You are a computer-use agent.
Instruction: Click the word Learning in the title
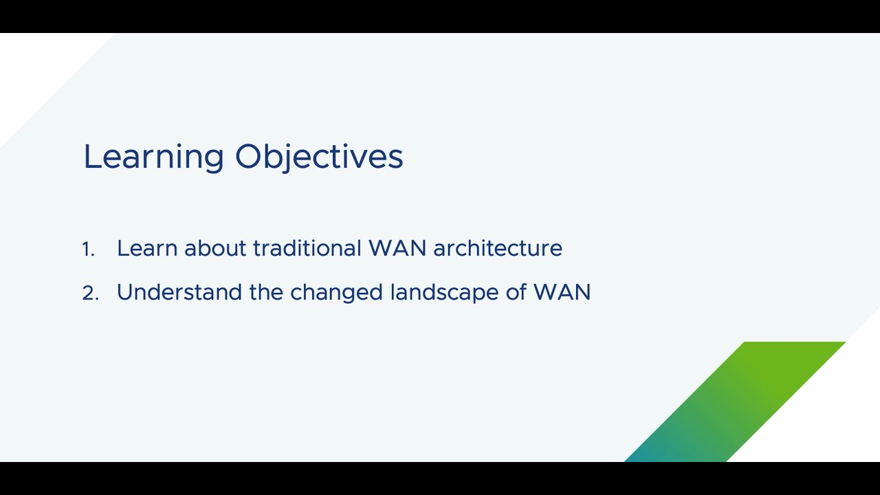pyautogui.click(x=153, y=157)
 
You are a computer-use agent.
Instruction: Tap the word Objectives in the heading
pyautogui.click(x=319, y=157)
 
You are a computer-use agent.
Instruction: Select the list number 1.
pyautogui.click(x=88, y=249)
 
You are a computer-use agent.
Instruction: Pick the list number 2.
pyautogui.click(x=90, y=293)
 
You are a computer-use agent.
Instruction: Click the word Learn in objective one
pyautogui.click(x=147, y=248)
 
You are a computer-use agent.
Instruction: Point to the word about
pyautogui.click(x=215, y=248)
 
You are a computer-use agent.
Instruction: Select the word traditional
pyautogui.click(x=307, y=248)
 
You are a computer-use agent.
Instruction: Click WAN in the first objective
pyautogui.click(x=397, y=248)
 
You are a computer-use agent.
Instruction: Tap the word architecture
pyautogui.click(x=498, y=248)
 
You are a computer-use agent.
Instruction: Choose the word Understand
pyautogui.click(x=179, y=292)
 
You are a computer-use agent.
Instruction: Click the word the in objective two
pyautogui.click(x=266, y=292)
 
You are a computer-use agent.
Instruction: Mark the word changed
pyautogui.click(x=336, y=293)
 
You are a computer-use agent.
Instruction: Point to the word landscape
pyautogui.click(x=445, y=293)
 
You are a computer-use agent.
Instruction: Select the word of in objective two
pyautogui.click(x=516, y=292)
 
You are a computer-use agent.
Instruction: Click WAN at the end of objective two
pyautogui.click(x=562, y=292)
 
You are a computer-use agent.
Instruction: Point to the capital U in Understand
pyautogui.click(x=125, y=293)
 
